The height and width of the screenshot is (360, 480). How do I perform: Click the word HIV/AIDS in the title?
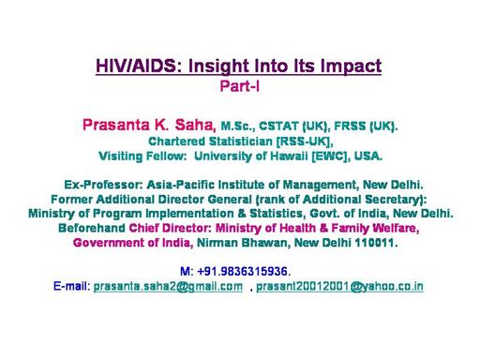(136, 66)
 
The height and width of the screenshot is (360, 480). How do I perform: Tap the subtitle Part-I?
(240, 86)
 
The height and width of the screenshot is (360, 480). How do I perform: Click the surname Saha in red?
(194, 125)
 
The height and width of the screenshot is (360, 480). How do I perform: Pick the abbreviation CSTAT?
(278, 126)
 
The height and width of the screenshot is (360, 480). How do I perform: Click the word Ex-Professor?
(103, 185)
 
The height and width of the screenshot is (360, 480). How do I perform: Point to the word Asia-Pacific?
(180, 185)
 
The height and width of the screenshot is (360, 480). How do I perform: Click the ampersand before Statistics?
(242, 214)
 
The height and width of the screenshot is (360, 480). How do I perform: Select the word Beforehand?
(92, 228)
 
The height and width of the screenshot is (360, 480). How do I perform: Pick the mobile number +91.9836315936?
(242, 271)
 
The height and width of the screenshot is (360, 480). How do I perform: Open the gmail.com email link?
(168, 286)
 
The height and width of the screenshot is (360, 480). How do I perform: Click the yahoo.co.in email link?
(339, 286)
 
